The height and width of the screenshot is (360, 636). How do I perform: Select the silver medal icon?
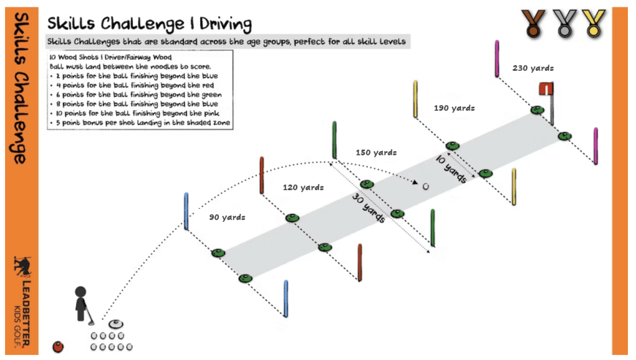tap(562, 22)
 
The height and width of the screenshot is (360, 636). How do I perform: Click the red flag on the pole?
tap(546, 90)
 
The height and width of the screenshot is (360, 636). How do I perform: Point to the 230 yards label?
tap(533, 68)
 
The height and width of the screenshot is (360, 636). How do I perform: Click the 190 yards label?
tap(454, 108)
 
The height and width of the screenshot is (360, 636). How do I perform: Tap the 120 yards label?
tap(303, 186)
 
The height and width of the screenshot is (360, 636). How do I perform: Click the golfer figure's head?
tap(80, 292)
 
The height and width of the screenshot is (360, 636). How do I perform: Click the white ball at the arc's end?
tap(426, 186)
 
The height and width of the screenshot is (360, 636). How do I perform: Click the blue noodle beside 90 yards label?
tap(186, 211)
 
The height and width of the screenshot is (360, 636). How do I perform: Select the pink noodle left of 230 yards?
tap(497, 60)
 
